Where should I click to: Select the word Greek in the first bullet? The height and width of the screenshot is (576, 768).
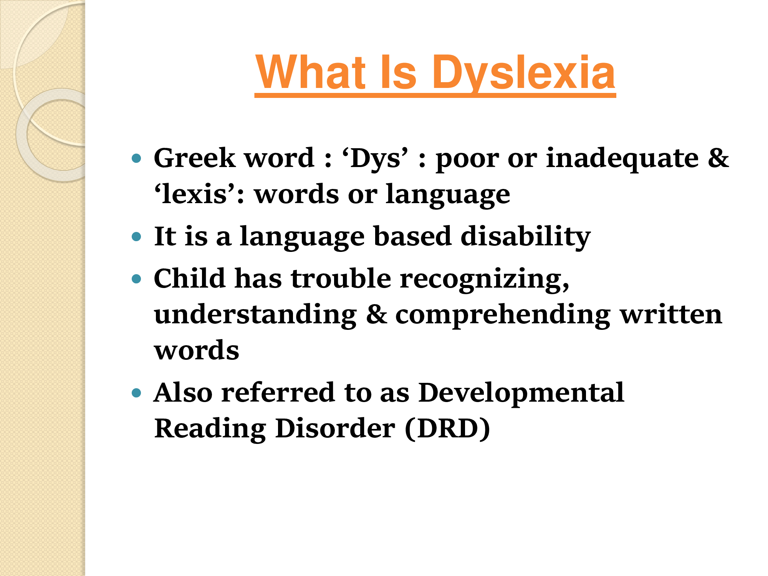click(194, 158)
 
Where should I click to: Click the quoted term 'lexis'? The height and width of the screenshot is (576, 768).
click(194, 194)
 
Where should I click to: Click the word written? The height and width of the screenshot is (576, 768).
click(671, 314)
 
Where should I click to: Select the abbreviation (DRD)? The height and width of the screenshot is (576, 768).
click(447, 429)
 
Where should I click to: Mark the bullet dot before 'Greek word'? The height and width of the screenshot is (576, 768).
click(136, 158)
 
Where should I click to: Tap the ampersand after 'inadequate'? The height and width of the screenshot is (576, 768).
click(718, 158)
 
